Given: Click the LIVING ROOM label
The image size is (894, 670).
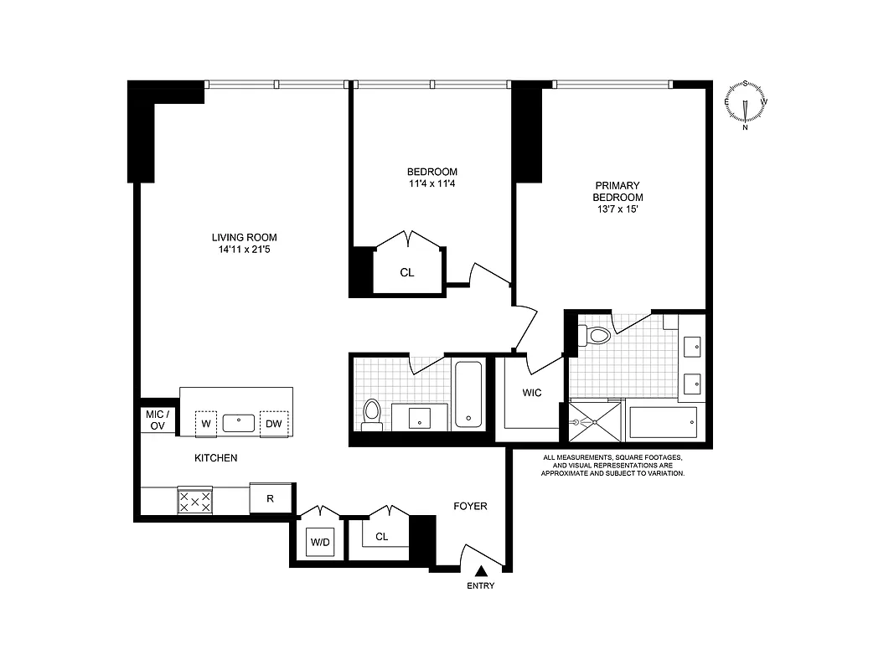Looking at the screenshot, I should coord(244,237).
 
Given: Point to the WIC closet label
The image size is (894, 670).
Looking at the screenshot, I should coord(533,392).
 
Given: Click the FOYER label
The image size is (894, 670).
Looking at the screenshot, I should coord(470,506).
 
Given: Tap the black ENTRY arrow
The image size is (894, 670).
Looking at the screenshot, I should coord(481,571).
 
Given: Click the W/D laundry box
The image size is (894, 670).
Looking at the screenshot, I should coord(320,542).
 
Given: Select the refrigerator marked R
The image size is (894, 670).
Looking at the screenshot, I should coord(271,499).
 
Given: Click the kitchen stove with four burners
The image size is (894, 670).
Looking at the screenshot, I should coord(194,501).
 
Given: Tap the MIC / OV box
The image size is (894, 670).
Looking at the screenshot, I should coord(158,420).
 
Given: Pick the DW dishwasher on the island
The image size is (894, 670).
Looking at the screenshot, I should coord(274,424).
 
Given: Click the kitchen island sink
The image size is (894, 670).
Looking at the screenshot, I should coord(239,423).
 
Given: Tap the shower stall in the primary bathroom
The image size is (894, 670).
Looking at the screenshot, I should coord(595,421).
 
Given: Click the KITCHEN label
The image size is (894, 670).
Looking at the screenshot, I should coord(215,458).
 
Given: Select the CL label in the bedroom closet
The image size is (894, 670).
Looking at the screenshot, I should coord(406,273).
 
